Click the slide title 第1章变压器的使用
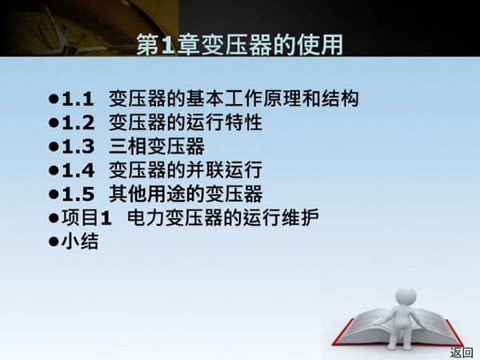(240, 44)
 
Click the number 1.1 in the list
(79, 100)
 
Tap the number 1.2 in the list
(79, 124)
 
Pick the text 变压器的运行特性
(185, 124)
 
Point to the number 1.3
(79, 147)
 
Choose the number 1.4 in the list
(79, 170)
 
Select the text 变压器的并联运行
(185, 170)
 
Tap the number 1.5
(79, 194)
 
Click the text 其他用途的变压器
(185, 194)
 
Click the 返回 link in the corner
(461, 352)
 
